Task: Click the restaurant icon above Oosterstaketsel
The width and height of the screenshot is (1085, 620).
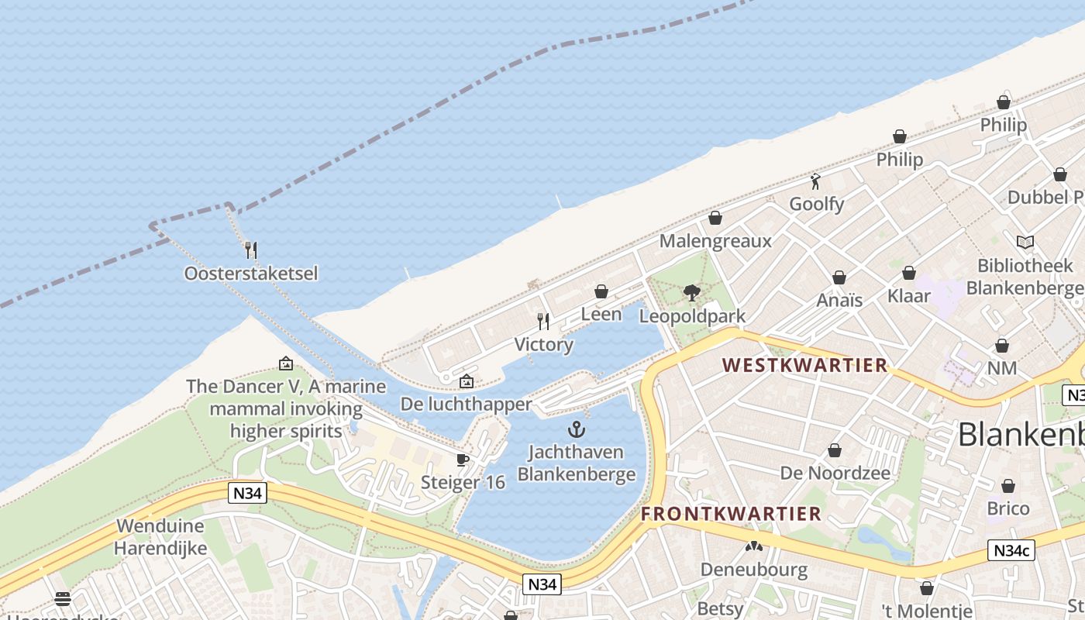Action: (250, 250)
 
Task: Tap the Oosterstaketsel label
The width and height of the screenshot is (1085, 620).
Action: (250, 274)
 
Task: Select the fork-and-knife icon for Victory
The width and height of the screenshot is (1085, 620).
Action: (543, 321)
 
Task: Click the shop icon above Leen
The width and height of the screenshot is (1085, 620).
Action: (601, 291)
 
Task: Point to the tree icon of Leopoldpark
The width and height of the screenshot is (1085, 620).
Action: (692, 293)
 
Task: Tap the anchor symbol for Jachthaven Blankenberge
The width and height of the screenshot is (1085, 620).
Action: (576, 429)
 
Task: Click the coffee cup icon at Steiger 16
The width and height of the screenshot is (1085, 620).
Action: (463, 460)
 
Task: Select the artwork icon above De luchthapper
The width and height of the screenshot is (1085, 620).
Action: (466, 381)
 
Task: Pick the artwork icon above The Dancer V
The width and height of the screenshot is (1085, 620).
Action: (286, 363)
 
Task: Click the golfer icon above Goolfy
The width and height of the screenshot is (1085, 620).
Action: (815, 181)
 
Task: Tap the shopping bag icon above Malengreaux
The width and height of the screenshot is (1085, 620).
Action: (715, 218)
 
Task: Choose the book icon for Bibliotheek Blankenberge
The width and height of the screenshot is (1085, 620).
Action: (1025, 242)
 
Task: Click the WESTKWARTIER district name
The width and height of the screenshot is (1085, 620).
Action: (804, 365)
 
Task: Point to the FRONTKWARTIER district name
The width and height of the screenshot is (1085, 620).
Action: (731, 514)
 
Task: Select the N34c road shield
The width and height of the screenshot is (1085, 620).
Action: (1012, 551)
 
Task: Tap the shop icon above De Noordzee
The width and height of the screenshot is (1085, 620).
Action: (835, 450)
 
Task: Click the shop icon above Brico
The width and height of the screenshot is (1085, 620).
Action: (1008, 486)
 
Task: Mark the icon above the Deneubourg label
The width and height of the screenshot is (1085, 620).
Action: (754, 546)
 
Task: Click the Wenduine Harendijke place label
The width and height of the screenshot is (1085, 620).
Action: (160, 537)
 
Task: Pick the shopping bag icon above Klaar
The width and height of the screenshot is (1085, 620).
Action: (909, 273)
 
